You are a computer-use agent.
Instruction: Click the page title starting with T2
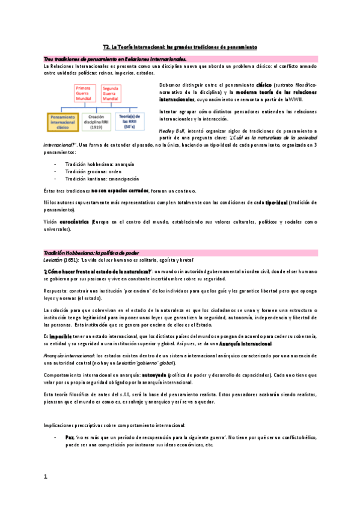click(180, 46)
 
